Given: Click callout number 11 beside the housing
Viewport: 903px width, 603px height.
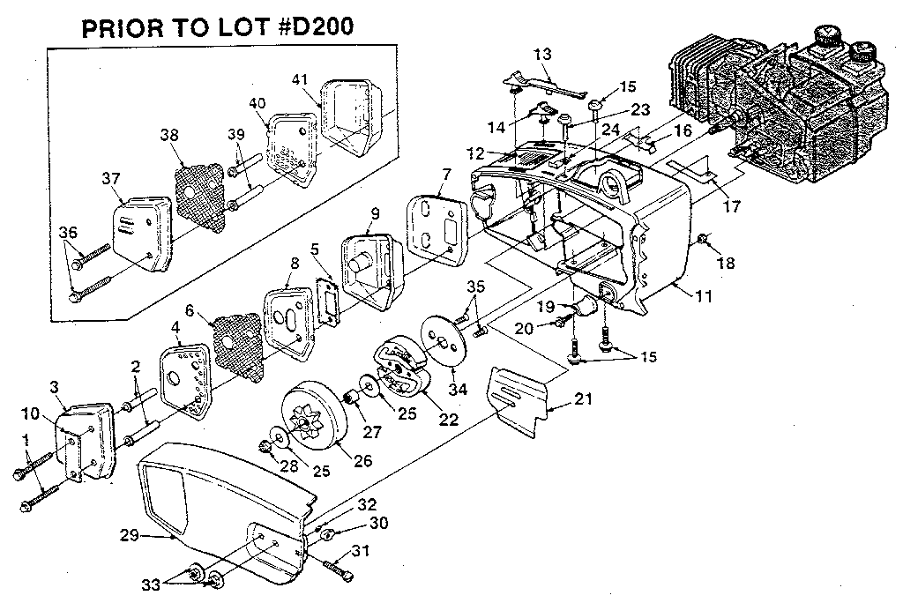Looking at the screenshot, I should [x=702, y=297].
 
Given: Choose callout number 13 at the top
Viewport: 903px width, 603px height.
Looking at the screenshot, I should [x=541, y=55].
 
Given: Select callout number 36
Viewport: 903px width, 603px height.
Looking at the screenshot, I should [x=68, y=232].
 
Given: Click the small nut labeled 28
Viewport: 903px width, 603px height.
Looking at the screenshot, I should [x=265, y=448].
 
